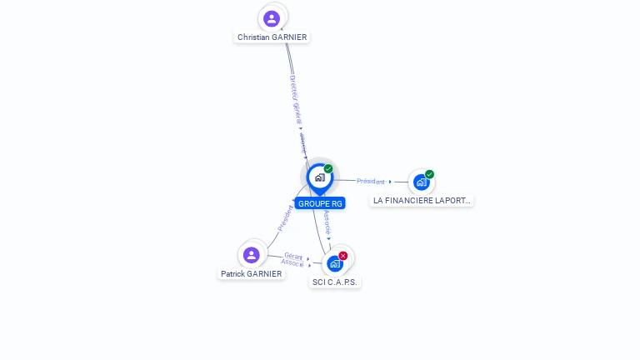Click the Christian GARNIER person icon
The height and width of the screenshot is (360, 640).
pyautogui.click(x=272, y=18)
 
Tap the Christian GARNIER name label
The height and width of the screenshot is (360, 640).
pyautogui.click(x=272, y=37)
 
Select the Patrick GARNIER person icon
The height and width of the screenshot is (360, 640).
pyautogui.click(x=252, y=255)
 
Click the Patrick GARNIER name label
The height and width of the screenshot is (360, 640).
pyautogui.click(x=252, y=273)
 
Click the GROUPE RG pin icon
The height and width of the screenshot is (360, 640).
pyautogui.click(x=319, y=177)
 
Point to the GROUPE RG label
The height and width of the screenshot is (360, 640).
pyautogui.click(x=320, y=203)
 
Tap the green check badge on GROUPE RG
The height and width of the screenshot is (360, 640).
pyautogui.click(x=328, y=169)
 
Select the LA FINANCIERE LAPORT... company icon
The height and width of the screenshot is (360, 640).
pyautogui.click(x=422, y=182)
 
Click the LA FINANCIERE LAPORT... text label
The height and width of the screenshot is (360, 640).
pyautogui.click(x=422, y=201)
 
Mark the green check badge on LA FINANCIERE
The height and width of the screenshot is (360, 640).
pyautogui.click(x=429, y=174)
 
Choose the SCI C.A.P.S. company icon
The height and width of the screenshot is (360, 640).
pyautogui.click(x=335, y=263)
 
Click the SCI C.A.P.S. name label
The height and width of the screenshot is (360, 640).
pyautogui.click(x=335, y=282)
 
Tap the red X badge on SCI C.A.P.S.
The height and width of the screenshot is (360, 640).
pyautogui.click(x=342, y=256)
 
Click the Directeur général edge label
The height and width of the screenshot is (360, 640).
pyautogui.click(x=295, y=100)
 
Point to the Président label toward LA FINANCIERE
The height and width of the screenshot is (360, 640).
pyautogui.click(x=371, y=181)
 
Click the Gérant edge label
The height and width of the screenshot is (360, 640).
pyautogui.click(x=293, y=257)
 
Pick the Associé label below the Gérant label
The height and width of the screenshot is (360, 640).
pyautogui.click(x=292, y=263)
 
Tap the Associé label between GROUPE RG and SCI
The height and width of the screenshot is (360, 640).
pyautogui.click(x=327, y=222)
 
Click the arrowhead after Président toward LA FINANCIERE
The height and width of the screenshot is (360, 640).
pyautogui.click(x=390, y=182)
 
